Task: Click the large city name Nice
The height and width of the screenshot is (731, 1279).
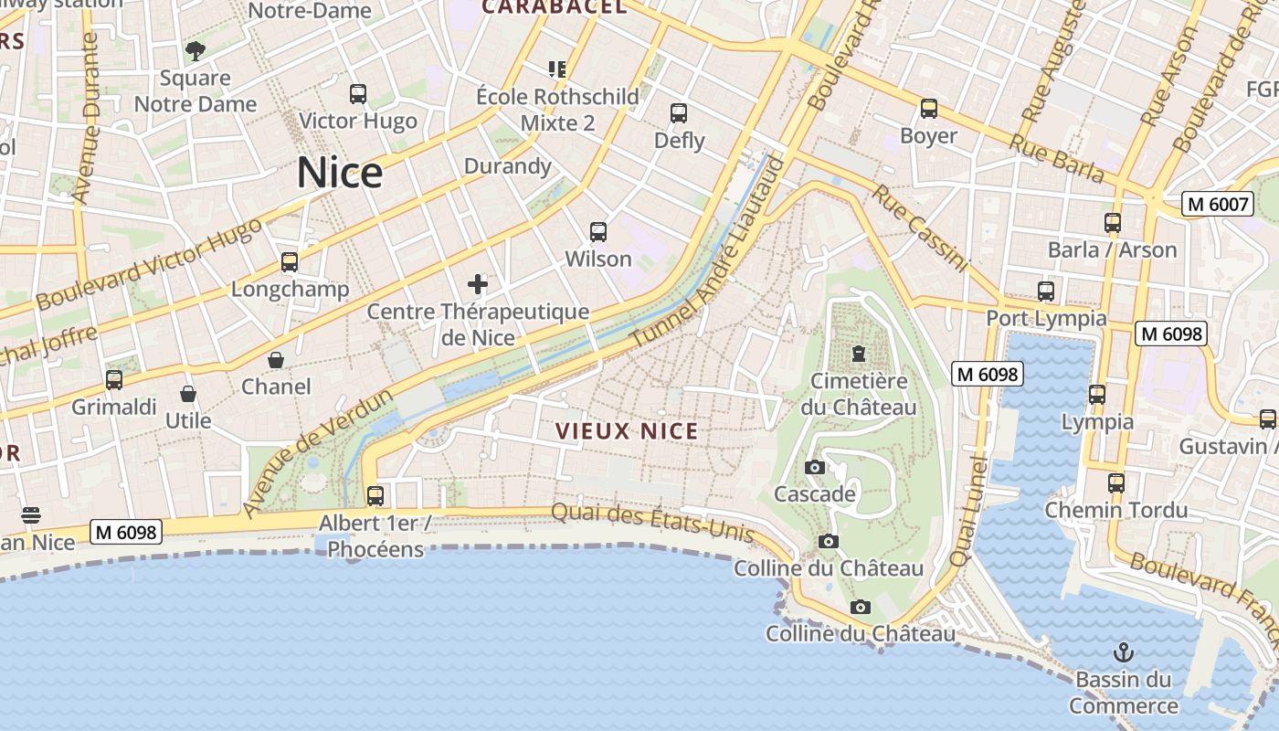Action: tap(339, 173)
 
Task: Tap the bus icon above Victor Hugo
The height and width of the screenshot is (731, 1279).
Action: tap(358, 93)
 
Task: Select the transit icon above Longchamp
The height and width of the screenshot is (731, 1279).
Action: tap(290, 262)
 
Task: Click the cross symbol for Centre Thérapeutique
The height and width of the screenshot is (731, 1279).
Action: tap(478, 284)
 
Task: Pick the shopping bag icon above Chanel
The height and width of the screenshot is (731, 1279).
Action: tap(276, 360)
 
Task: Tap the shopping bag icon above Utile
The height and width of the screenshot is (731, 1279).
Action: tap(188, 394)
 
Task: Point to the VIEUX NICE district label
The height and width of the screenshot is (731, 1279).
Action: tap(627, 431)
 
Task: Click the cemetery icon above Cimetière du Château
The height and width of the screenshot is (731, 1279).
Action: tap(858, 354)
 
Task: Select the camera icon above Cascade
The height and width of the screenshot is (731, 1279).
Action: tap(814, 468)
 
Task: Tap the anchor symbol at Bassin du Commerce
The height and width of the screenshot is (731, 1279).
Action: tap(1124, 652)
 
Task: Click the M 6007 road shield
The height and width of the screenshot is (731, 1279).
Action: tap(1217, 204)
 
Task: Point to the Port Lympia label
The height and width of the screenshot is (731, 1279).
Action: tap(1046, 318)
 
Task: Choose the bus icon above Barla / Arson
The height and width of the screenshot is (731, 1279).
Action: tap(1112, 223)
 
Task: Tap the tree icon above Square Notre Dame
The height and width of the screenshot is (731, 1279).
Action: tap(195, 51)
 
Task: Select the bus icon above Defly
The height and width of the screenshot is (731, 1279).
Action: tap(679, 113)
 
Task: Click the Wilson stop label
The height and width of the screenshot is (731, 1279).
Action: tap(598, 259)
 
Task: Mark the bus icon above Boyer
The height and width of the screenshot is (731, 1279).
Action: tap(929, 109)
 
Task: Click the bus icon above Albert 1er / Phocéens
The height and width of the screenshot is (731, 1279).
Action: tap(375, 496)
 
